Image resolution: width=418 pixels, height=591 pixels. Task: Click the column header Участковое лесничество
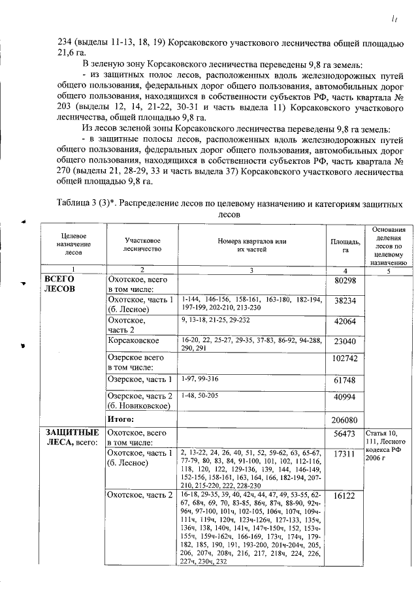143,245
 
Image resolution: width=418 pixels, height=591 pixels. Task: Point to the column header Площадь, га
344,246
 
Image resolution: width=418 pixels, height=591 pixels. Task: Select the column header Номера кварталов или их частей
251,245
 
